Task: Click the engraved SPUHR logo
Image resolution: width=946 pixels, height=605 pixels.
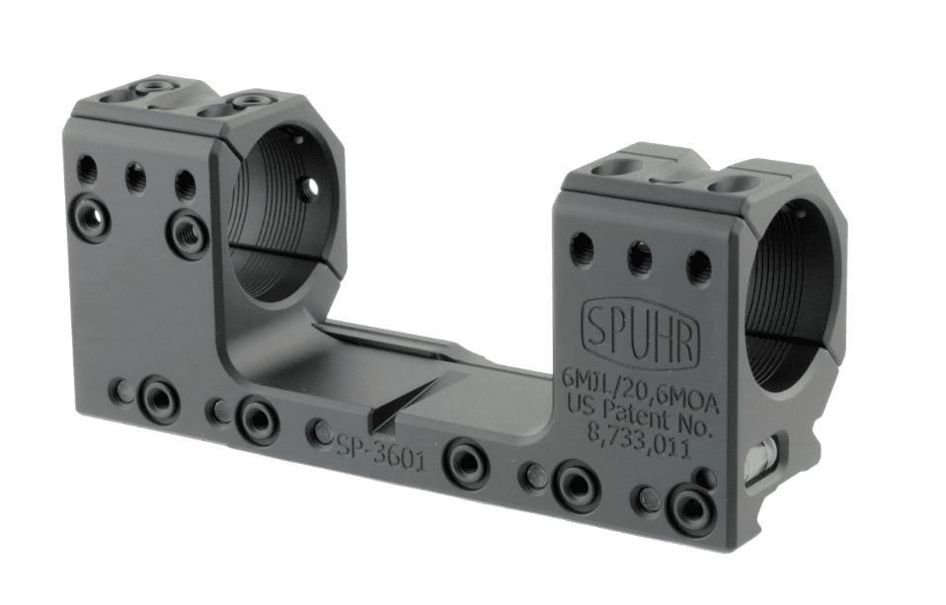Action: click(641, 328)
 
